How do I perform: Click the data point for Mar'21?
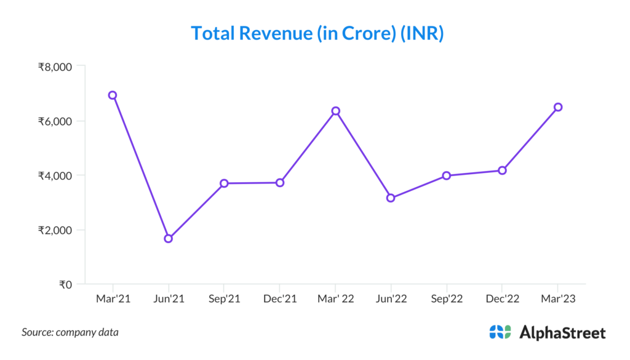tap(113, 95)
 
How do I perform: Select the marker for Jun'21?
tap(168, 239)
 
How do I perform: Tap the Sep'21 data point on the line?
tap(224, 183)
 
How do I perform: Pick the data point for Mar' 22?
tap(335, 111)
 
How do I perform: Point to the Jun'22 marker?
tap(391, 198)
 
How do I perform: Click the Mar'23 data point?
tap(558, 107)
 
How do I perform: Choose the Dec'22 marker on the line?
tap(502, 170)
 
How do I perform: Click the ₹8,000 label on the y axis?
tap(55, 66)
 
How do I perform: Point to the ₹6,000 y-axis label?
tap(55, 121)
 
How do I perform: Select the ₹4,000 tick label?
tap(55, 175)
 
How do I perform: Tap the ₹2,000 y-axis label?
tap(55, 230)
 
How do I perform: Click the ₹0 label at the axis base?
tap(65, 284)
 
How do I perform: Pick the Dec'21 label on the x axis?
tap(280, 300)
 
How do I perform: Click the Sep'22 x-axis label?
tap(447, 300)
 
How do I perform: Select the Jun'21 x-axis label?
tap(168, 300)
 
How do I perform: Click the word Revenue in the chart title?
tap(276, 33)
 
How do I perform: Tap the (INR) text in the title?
tap(422, 33)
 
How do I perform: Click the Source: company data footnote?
tap(70, 332)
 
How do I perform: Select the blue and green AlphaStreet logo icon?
tap(500, 332)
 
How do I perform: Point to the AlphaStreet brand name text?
tap(562, 333)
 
